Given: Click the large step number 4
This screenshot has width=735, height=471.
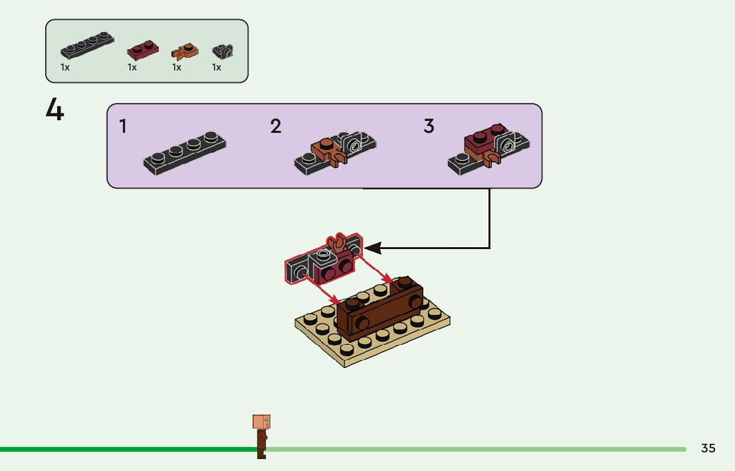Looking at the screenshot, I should coord(55,110).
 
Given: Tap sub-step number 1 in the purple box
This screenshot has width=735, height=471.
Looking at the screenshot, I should coord(123,126).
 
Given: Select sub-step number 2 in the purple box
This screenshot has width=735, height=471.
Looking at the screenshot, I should coord(276,126).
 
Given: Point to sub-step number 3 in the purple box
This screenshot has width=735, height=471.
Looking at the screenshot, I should coord(429,126).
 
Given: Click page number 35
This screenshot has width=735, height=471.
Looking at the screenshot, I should coord(708,448).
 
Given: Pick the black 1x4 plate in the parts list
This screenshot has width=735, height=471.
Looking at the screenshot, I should coord(87,47).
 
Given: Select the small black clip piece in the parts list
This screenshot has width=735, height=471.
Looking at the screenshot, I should coord(223,50).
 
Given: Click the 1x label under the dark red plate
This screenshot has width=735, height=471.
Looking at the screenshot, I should coord(132,67).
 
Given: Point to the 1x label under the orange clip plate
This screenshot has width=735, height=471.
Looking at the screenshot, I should coord(177,67).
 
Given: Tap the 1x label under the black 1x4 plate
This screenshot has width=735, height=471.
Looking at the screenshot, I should coord(65,67).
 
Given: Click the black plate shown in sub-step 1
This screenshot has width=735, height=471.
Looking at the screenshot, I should coord(184,153).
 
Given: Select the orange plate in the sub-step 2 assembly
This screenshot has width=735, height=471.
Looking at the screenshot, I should coord(324,149).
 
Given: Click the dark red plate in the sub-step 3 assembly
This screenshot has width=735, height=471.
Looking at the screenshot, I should coord(482,140).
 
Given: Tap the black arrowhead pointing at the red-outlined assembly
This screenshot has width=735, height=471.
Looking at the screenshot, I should coord(373,248).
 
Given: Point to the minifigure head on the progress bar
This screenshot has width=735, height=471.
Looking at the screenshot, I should coord(261,422).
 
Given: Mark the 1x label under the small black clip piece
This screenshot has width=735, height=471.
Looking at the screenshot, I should coord(217,67).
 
